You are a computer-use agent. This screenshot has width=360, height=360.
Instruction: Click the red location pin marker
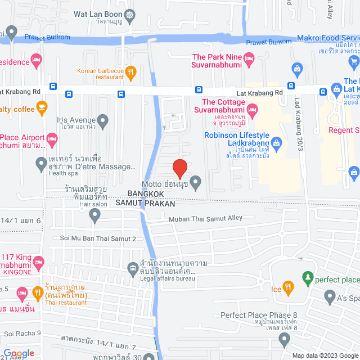(x=179, y=168)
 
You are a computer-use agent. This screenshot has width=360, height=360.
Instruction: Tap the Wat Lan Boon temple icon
(x=130, y=15)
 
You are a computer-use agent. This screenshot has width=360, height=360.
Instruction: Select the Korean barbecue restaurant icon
(x=130, y=71)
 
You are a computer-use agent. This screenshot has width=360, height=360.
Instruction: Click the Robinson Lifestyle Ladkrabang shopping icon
(x=276, y=142)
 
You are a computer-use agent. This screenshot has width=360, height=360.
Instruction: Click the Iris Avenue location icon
(x=102, y=120)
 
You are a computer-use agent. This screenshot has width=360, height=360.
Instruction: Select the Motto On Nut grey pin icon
(x=195, y=182)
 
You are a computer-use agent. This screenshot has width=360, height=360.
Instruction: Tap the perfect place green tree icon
(x=307, y=277)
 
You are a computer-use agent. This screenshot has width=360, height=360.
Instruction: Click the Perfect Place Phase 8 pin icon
(x=284, y=339)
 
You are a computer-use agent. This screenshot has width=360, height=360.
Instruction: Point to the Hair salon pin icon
(x=94, y=214)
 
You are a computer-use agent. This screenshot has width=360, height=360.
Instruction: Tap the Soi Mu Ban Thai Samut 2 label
(x=98, y=238)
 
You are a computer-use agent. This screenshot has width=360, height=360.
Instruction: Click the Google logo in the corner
(x=19, y=353)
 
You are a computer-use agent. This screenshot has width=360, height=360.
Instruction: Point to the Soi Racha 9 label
(x=23, y=333)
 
